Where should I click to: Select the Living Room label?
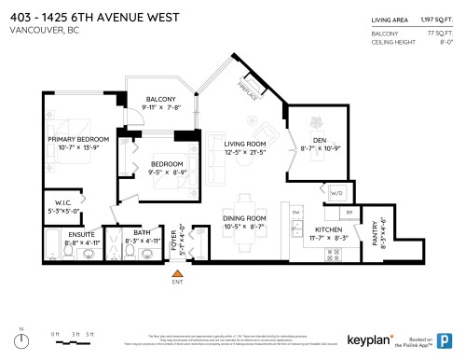pos(245,143)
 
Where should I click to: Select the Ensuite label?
pos(58,233)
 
